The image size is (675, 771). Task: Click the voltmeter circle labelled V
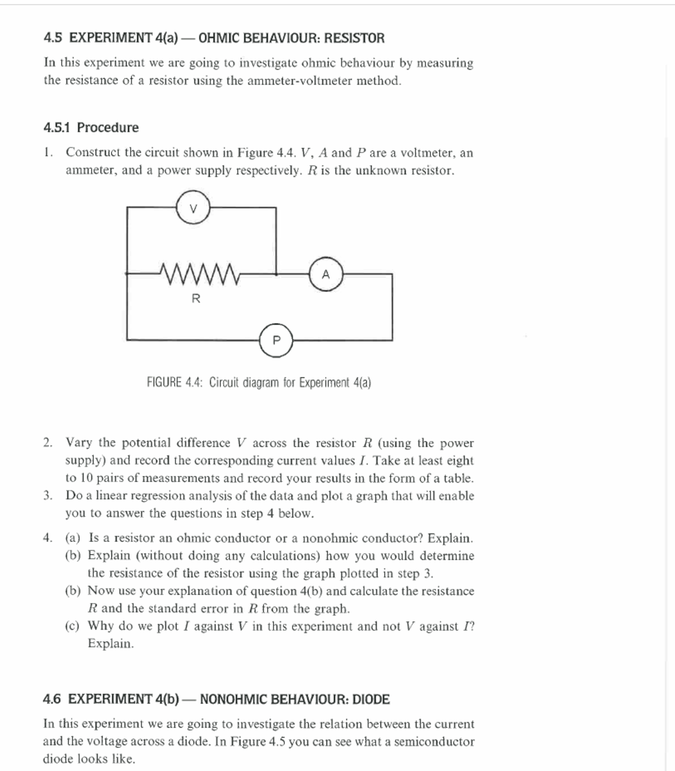pyautogui.click(x=193, y=207)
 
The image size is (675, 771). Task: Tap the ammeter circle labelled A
pyautogui.click(x=326, y=274)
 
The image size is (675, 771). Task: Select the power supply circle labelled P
pyautogui.click(x=276, y=340)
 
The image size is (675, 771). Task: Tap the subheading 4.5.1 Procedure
pyautogui.click(x=91, y=127)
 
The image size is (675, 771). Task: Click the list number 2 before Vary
pyautogui.click(x=47, y=443)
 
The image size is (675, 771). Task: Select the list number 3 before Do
pyautogui.click(x=47, y=496)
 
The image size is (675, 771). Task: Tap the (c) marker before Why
pyautogui.click(x=73, y=626)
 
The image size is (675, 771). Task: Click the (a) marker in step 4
pyautogui.click(x=73, y=538)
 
